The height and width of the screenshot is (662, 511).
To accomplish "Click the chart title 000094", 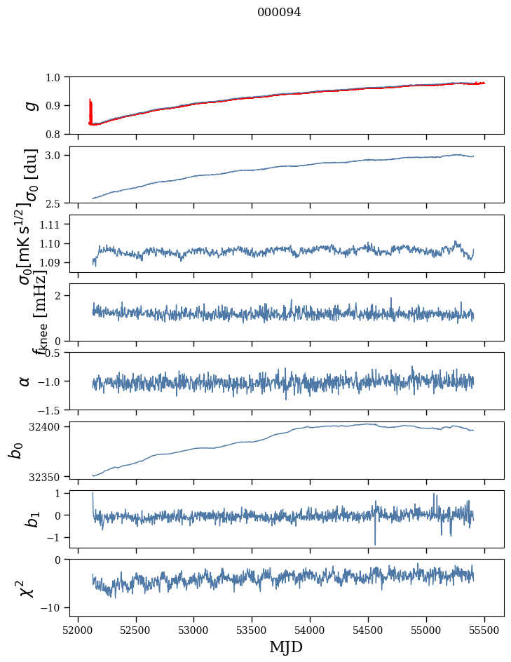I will tap(279, 13).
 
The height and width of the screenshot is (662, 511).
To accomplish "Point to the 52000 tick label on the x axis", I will tap(78, 630).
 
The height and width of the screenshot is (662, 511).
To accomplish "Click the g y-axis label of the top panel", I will tap(30, 105).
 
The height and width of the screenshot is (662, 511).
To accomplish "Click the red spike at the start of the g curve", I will tap(90, 109).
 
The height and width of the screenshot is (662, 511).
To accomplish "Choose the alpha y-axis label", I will tap(25, 381).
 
